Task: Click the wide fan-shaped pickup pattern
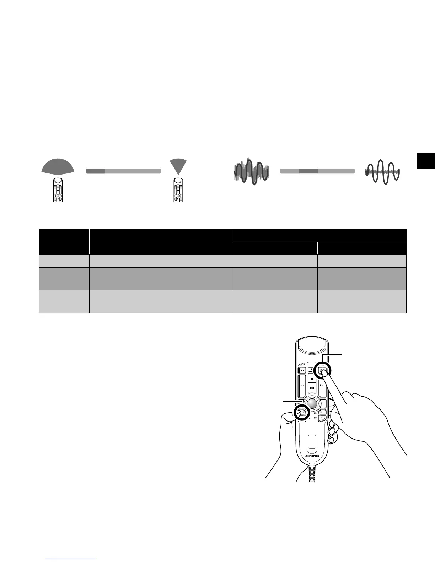coord(58,166)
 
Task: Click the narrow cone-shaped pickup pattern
coord(178,165)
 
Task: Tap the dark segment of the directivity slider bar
coord(95,171)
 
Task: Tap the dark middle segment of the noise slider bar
coord(308,171)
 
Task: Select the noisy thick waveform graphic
coord(251,171)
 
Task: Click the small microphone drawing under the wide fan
coord(58,190)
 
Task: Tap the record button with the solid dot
coord(312,379)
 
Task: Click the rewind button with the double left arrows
coord(302,385)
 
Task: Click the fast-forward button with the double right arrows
coord(321,385)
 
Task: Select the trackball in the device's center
coord(312,403)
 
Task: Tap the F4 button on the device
coord(321,418)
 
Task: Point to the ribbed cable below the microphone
coord(312,474)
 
